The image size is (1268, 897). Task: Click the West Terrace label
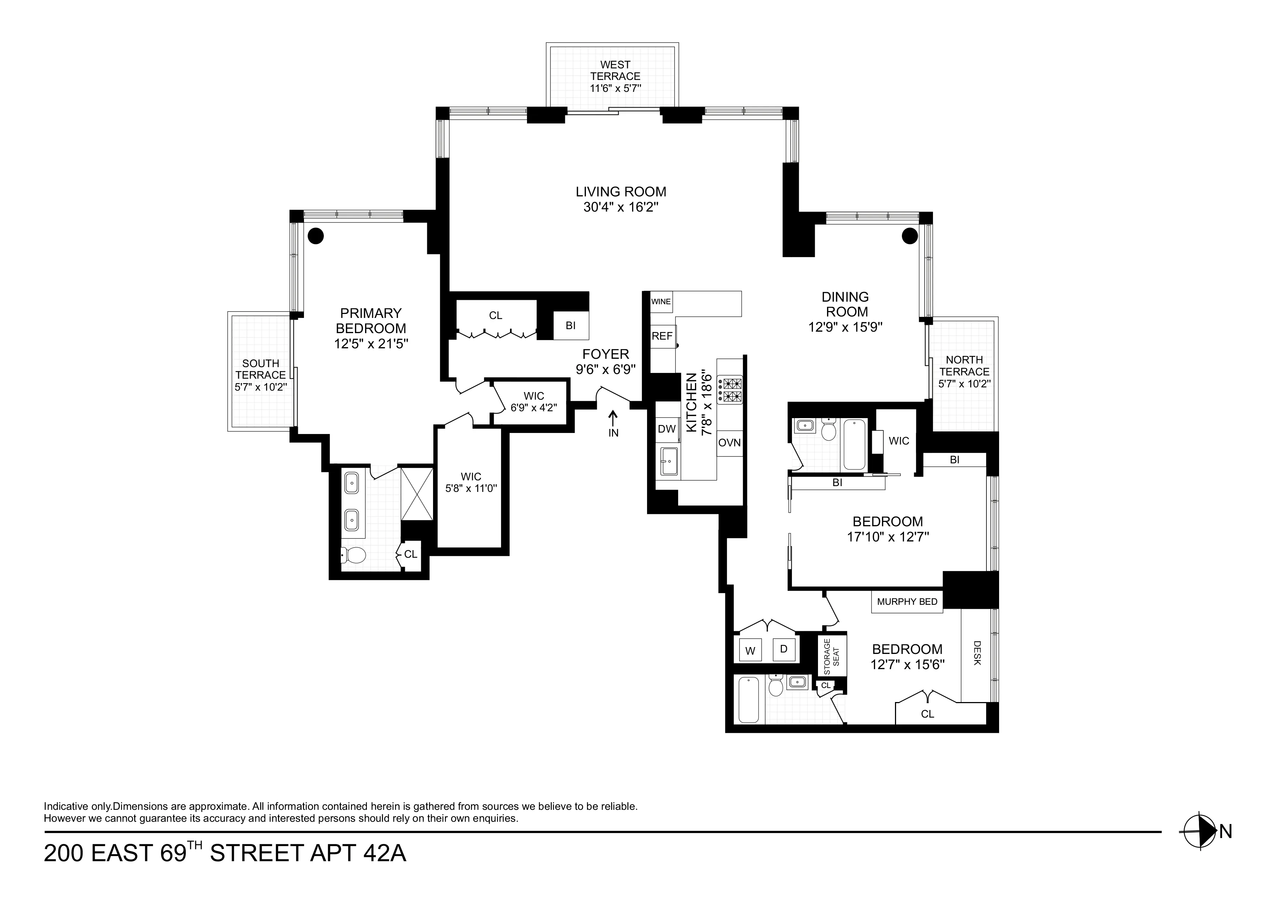(615, 71)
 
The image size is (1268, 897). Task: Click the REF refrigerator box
(662, 336)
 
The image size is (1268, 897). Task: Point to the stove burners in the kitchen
(730, 390)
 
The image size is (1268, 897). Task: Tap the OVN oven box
(729, 443)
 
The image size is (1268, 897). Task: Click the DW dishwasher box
(667, 429)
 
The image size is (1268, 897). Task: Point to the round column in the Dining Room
(909, 236)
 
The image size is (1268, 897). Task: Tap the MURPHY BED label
(907, 602)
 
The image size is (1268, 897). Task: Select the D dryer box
(783, 649)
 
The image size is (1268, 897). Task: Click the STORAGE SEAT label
(831, 656)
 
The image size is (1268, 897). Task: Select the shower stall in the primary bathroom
(417, 494)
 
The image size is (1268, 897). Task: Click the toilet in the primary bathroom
(354, 555)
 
